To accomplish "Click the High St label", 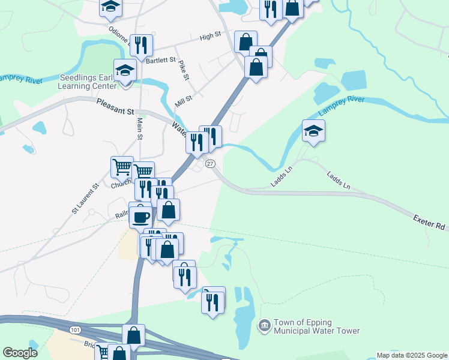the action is click(x=211, y=37).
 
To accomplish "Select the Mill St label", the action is click(x=183, y=101).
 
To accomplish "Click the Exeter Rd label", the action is click(x=429, y=223).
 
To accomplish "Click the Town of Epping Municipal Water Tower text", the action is click(x=316, y=326).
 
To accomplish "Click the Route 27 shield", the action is click(x=210, y=164).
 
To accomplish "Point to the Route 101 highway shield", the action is click(x=74, y=330).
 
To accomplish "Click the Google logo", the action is click(x=20, y=353).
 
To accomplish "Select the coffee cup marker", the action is click(x=140, y=217).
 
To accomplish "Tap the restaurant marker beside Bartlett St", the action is click(x=141, y=45).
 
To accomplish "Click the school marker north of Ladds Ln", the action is click(x=313, y=131).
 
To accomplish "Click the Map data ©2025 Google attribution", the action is click(x=411, y=355).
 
